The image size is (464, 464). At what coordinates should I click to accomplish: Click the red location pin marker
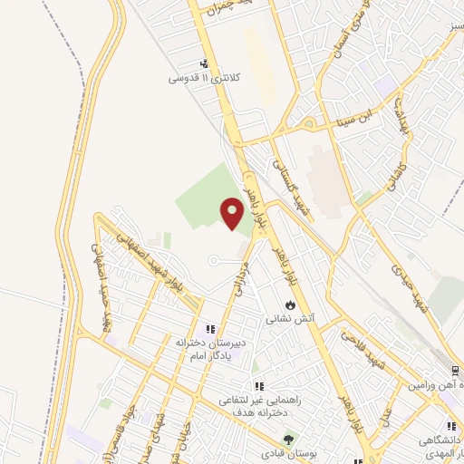[x=232, y=211]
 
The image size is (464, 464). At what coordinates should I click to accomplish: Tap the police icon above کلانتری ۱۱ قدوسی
[x=205, y=64]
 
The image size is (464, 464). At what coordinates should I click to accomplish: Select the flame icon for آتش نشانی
[x=289, y=305]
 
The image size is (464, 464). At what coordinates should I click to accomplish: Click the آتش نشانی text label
[x=289, y=319]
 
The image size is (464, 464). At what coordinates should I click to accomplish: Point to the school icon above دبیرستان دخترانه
[x=210, y=329]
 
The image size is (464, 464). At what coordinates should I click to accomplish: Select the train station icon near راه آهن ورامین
[x=455, y=370]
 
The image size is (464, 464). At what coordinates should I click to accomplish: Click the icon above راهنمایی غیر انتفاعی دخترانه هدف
[x=259, y=387]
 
